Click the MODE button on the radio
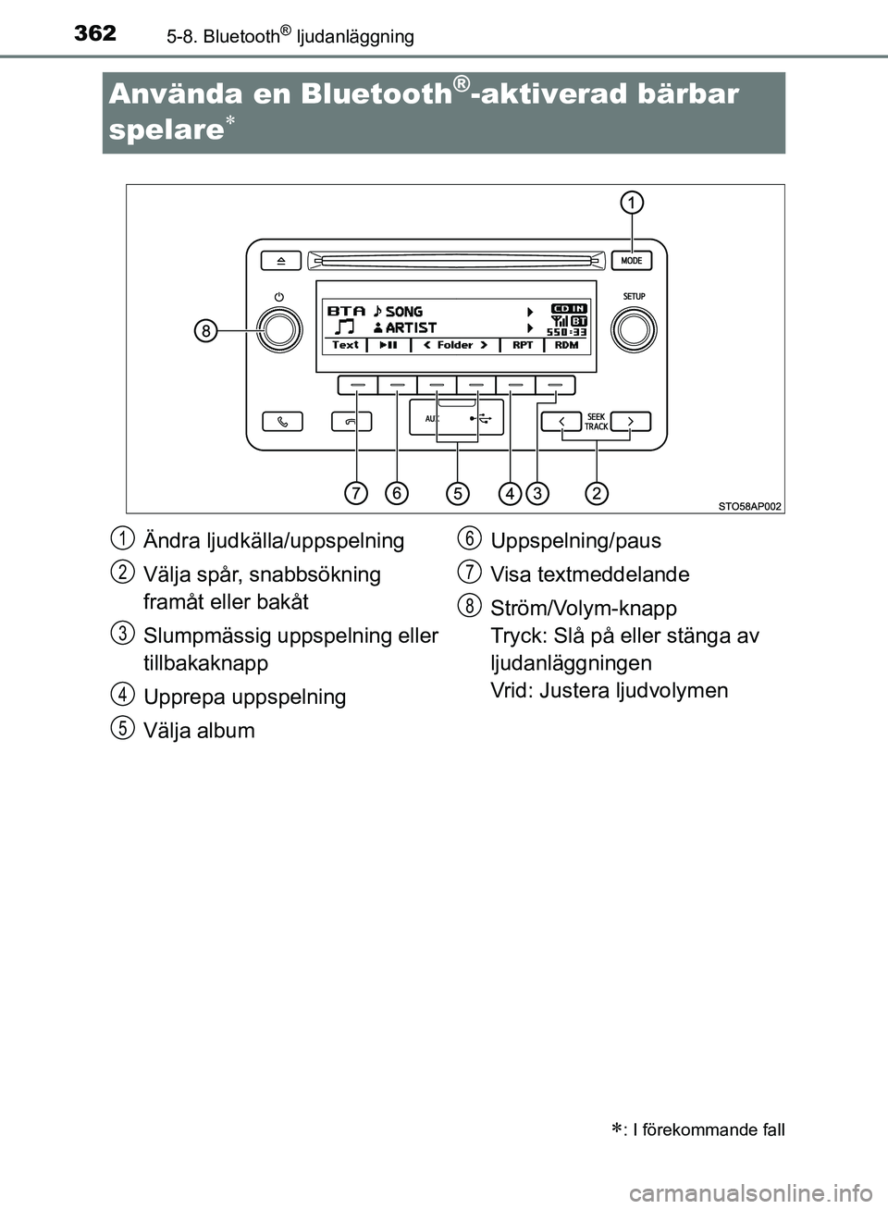pos(632,261)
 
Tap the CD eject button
pos(281,261)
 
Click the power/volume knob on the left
pos(279,329)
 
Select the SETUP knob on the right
pos(635,330)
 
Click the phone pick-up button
pos(282,422)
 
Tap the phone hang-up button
pos(351,422)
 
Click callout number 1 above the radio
pos(632,203)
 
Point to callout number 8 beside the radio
pos(205,330)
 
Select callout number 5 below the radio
pos(457,493)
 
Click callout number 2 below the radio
pos(597,493)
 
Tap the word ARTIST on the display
pos(411,327)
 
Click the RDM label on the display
pos(567,345)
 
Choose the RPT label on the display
pos(523,345)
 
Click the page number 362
pos(95,33)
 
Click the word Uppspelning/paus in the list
pos(575,541)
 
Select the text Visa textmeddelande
pos(589,574)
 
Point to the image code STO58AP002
pos(750,506)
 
